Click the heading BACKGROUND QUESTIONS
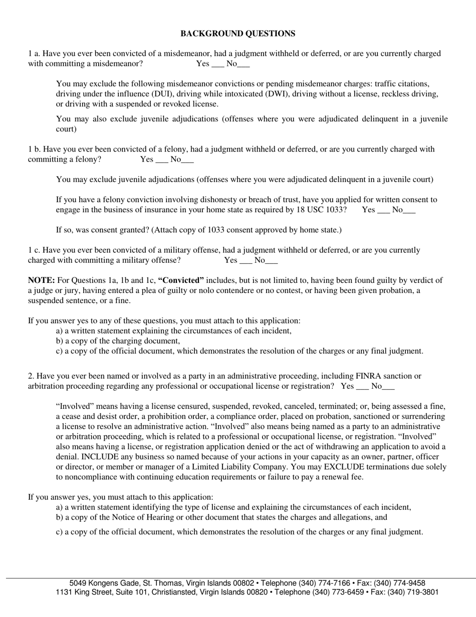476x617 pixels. click(237, 34)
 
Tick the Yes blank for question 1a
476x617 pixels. click(218, 65)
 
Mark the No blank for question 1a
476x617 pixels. click(244, 65)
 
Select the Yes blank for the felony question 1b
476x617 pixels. click(162, 161)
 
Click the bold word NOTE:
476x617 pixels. click(41, 280)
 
